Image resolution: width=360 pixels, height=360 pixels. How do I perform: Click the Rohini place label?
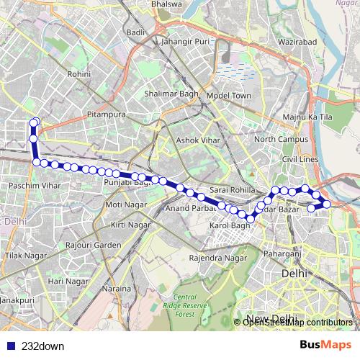click(x=78, y=74)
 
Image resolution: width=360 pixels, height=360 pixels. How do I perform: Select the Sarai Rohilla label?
click(x=229, y=189)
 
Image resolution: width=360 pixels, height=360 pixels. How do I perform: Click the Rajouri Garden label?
click(x=94, y=245)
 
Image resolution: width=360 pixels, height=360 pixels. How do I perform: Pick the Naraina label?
click(x=115, y=288)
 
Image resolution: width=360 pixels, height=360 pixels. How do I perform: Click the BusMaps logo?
click(x=325, y=345)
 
